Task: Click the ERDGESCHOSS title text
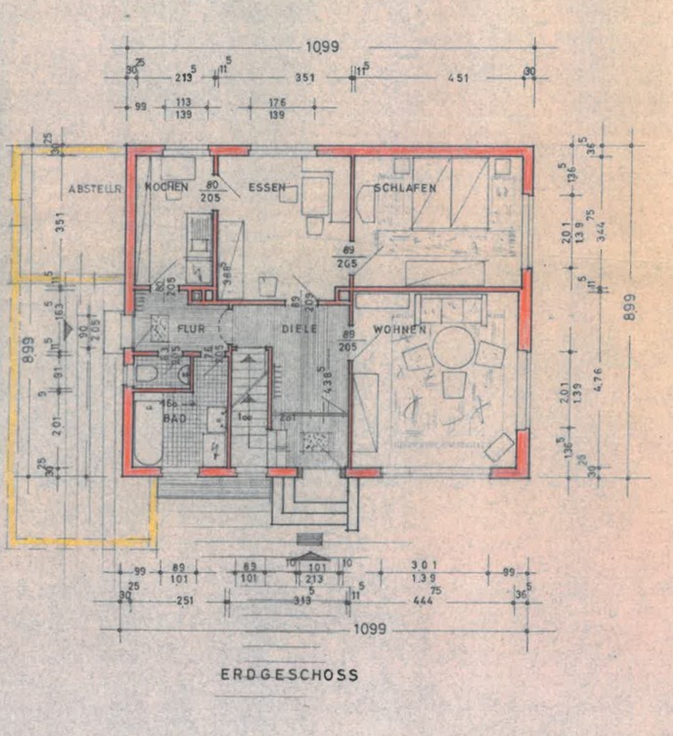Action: tap(290, 675)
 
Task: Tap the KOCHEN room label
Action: tap(166, 187)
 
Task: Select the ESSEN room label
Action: tap(267, 187)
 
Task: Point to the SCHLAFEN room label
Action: tap(405, 188)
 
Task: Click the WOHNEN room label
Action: tap(399, 330)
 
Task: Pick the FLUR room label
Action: tap(191, 329)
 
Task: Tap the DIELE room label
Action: tap(299, 329)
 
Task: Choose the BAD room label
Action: tap(175, 418)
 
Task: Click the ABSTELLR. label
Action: tap(95, 189)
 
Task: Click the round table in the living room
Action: tap(454, 347)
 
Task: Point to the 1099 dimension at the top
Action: tap(322, 47)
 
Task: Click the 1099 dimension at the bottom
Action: tap(370, 630)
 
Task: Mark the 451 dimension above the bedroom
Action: tap(459, 78)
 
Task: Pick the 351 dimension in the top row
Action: tap(305, 78)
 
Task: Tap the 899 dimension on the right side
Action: tap(629, 308)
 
